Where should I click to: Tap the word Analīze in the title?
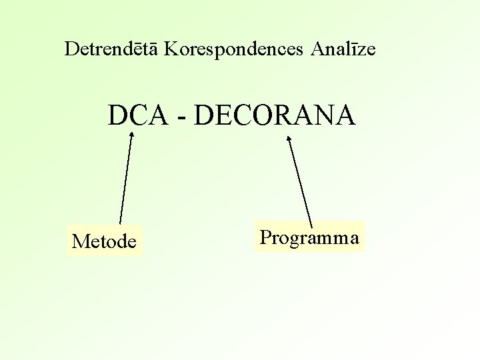click(346, 49)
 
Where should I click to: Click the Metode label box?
click(105, 241)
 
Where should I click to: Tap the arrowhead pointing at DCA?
click(131, 135)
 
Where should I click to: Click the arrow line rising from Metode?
click(125, 180)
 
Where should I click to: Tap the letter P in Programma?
click(265, 237)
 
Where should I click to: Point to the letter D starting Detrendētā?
click(71, 49)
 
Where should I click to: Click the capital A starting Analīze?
click(317, 49)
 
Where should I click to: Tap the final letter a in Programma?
click(355, 239)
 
